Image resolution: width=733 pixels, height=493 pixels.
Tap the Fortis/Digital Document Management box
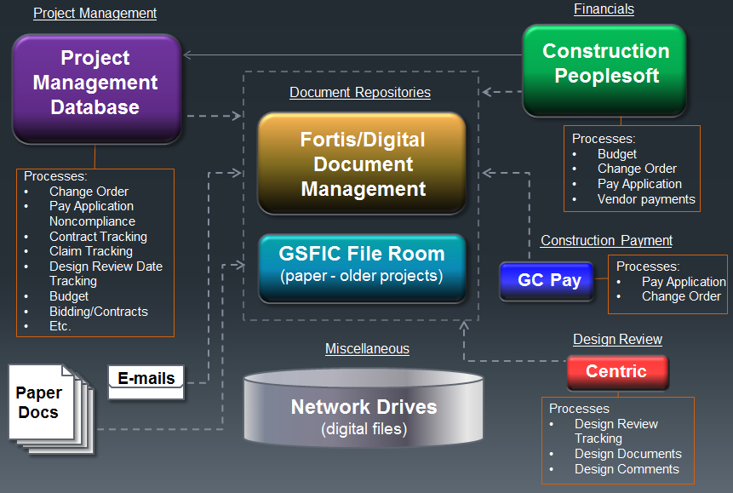point(363,163)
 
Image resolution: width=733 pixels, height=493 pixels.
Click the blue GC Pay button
point(549,280)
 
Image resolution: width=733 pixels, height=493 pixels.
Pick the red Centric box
point(616,371)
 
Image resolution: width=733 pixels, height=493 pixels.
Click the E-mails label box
point(146,378)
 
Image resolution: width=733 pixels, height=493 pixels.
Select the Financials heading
point(604,9)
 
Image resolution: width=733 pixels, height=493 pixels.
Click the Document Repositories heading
point(360,92)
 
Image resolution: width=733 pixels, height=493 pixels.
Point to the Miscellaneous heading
point(367,348)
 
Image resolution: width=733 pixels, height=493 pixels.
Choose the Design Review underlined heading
point(617,339)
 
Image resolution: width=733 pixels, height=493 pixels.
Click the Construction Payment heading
point(606,240)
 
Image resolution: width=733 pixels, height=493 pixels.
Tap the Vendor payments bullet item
point(646,199)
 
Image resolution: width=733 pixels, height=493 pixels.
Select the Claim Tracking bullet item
point(90,251)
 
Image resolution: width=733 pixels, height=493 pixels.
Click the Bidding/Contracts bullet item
point(98,312)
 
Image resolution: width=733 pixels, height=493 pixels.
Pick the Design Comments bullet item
point(627,469)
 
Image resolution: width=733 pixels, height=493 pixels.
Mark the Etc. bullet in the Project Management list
point(60,326)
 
